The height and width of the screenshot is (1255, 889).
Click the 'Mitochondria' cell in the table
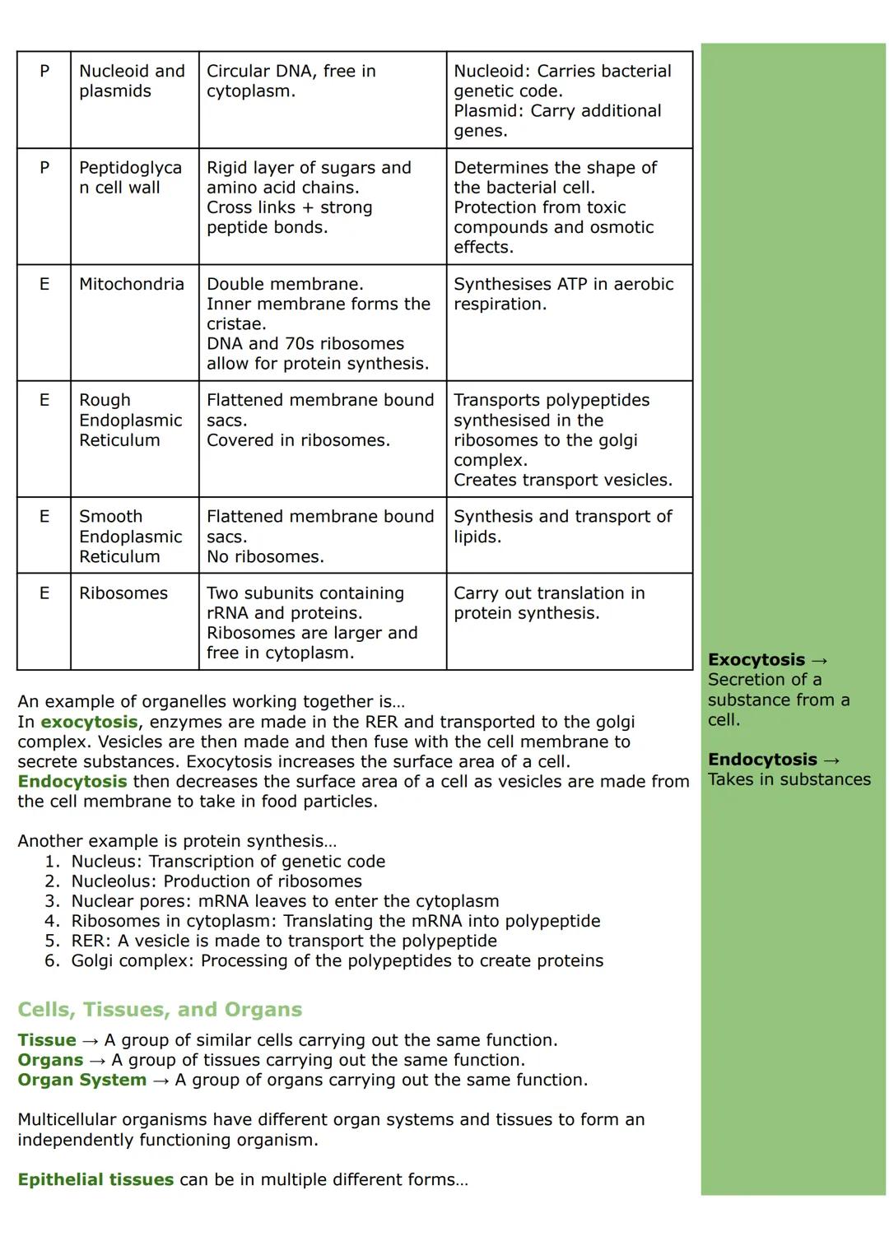132,285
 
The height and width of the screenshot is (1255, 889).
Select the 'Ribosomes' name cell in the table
123,593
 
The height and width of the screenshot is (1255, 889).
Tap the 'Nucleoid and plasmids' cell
132,81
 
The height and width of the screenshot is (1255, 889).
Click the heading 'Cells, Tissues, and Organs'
160,1010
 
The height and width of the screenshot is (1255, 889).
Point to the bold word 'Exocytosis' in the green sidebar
756,660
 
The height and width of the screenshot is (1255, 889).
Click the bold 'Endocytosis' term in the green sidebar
762,760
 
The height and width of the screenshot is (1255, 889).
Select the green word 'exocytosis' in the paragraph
89,722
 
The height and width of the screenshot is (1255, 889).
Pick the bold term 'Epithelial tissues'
95,1180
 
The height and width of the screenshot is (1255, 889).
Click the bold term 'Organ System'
82,1080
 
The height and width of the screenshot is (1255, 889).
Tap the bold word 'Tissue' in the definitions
47,1040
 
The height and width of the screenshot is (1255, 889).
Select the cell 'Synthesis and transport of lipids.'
562,527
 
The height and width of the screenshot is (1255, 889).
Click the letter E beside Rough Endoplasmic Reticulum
44,400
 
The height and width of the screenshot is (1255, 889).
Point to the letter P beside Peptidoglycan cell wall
44,168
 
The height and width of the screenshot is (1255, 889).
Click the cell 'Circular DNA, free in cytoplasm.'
291,81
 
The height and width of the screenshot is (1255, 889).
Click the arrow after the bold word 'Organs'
97,1060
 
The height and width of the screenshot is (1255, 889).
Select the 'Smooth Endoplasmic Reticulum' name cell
130,537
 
